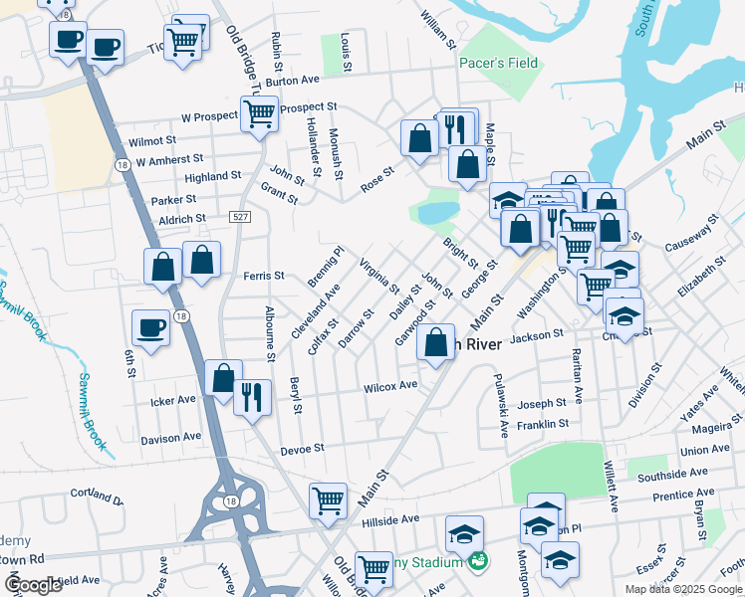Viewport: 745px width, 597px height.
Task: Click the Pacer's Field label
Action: click(498, 63)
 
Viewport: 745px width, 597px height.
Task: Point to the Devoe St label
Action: click(305, 449)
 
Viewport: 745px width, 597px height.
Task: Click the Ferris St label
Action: click(264, 276)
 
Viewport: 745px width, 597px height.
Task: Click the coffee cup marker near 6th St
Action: click(151, 327)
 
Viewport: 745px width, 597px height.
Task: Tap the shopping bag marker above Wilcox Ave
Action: click(436, 342)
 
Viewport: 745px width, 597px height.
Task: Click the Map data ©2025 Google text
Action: click(683, 589)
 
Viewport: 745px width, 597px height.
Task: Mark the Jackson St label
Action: click(537, 338)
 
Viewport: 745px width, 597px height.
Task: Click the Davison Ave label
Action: click(170, 438)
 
